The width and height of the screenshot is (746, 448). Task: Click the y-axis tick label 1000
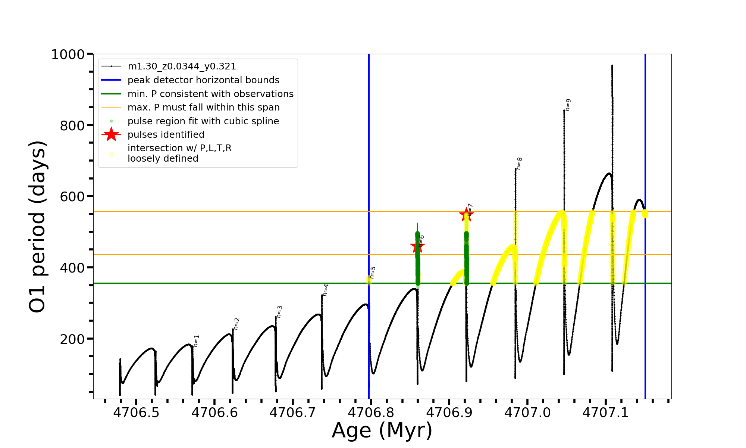68,55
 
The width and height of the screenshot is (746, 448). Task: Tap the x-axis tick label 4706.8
371,413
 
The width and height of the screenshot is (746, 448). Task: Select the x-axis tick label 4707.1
605,413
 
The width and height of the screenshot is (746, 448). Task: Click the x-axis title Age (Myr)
382,430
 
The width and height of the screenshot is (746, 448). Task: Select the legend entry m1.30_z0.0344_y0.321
182,66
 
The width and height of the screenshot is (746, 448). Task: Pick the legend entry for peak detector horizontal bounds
203,80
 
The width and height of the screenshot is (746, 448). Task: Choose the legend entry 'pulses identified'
166,135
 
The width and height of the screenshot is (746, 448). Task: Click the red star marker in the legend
111,134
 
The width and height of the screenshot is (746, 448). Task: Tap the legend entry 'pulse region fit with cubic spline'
203,121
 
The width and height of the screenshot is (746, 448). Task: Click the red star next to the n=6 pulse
417,246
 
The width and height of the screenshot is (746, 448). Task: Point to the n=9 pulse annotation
568,105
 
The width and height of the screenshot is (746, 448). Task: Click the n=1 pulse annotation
197,341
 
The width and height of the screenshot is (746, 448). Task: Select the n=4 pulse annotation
326,290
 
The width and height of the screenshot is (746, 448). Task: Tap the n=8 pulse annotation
519,163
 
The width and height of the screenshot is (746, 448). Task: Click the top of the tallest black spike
612,66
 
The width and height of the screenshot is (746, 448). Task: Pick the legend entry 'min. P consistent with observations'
210,94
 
